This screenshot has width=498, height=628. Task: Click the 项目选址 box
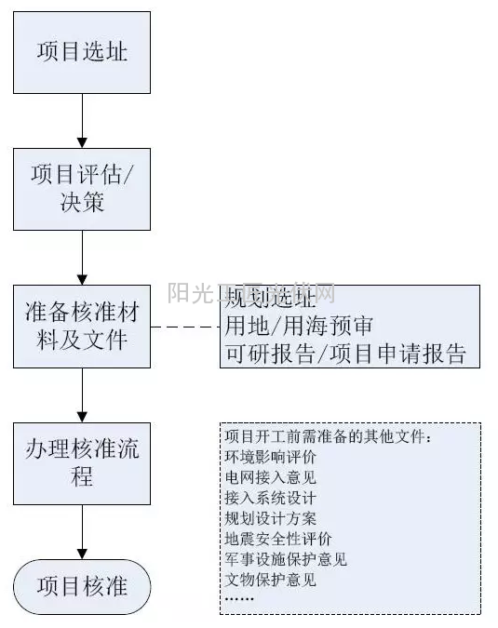click(82, 52)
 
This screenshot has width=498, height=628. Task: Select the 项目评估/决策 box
click(82, 189)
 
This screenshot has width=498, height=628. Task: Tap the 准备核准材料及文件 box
click(82, 327)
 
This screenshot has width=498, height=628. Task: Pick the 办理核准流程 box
click(82, 463)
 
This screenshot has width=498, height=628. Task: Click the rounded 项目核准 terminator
click(82, 586)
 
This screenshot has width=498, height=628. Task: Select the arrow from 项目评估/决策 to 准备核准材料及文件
click(82, 257)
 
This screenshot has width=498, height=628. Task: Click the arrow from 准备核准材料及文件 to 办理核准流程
click(82, 394)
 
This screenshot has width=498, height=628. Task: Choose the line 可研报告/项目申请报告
click(345, 354)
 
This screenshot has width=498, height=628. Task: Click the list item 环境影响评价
click(270, 458)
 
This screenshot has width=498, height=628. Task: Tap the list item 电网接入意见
click(270, 478)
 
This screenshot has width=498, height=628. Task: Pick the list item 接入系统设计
click(270, 498)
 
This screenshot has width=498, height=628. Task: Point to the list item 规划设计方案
click(270, 518)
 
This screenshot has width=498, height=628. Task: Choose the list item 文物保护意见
click(270, 580)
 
